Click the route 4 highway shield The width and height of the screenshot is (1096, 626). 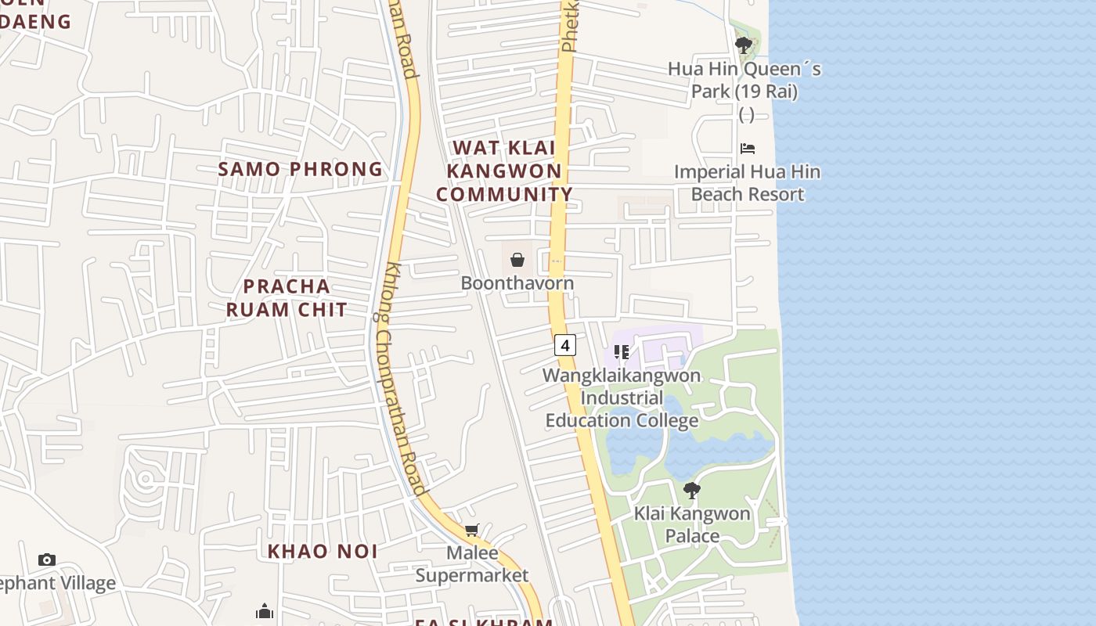point(565,344)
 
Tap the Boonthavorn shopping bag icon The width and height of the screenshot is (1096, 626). point(517,259)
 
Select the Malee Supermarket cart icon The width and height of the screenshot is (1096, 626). point(472,531)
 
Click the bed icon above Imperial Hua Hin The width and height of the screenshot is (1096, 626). point(748,148)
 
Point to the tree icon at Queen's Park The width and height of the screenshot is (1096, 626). point(744,45)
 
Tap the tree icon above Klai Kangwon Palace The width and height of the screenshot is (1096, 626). point(692,491)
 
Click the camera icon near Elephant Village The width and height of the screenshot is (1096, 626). point(47,559)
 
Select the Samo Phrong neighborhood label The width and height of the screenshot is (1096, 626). point(301,169)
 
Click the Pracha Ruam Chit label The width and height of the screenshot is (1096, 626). point(287,298)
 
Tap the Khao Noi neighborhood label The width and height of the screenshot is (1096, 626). point(323,552)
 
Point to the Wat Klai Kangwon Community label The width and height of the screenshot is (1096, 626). point(504,171)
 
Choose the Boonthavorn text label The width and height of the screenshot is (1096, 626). point(517,283)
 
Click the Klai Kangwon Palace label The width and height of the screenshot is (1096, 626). point(692,525)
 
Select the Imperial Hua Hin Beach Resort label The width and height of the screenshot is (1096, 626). point(748,183)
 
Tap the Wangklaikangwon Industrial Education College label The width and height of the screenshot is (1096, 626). point(622,398)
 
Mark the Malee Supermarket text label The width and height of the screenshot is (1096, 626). point(472,564)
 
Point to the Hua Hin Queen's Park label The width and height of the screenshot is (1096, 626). point(744,81)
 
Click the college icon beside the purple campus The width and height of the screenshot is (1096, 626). point(622,352)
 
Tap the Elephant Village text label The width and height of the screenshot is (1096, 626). point(56,583)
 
